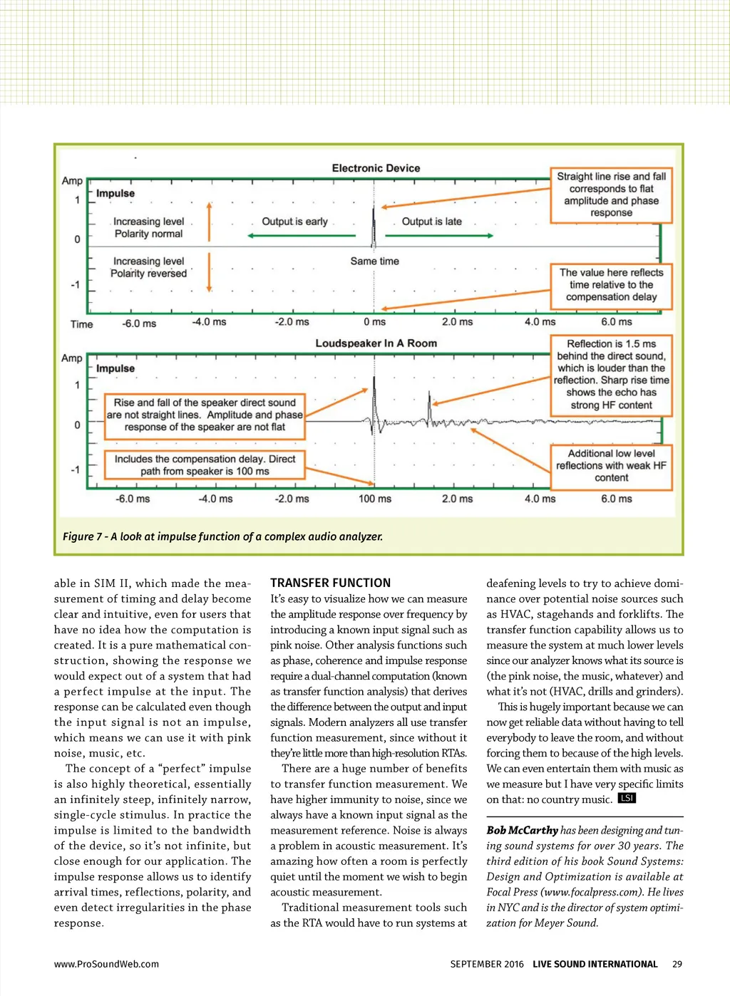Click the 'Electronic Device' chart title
[376, 168]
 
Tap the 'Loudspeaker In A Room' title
[376, 343]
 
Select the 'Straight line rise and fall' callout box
[611, 194]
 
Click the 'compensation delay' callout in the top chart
[611, 285]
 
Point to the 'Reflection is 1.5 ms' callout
[611, 375]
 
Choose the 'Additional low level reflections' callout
[611, 466]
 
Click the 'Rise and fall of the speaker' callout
[205, 415]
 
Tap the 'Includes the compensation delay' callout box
[205, 465]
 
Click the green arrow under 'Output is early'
[302, 236]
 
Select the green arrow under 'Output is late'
[439, 236]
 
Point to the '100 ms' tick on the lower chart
[375, 499]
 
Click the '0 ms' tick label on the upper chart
[374, 322]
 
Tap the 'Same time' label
[374, 261]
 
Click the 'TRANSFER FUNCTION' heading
[331, 583]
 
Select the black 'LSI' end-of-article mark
[627, 798]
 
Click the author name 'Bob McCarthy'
[523, 831]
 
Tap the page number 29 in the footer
[677, 964]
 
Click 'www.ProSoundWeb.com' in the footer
[106, 964]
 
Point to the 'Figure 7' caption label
[84, 536]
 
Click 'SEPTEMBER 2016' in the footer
[487, 964]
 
